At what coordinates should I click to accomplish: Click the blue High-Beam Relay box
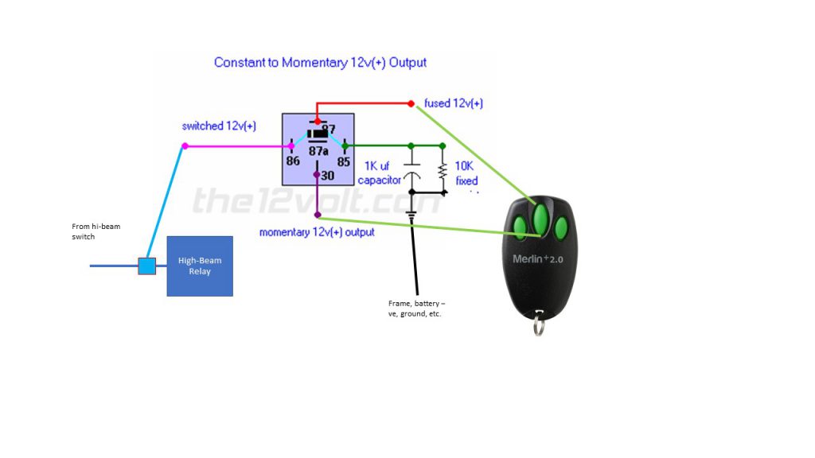(x=200, y=266)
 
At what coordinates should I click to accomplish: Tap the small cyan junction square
(x=146, y=266)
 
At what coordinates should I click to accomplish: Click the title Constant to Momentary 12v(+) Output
(x=320, y=63)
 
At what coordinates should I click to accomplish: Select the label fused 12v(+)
(x=454, y=103)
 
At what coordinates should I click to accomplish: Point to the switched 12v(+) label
(x=219, y=126)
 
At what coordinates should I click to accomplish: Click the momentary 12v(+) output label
(x=317, y=232)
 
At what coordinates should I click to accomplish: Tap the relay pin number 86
(x=293, y=160)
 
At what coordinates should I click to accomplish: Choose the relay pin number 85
(x=343, y=160)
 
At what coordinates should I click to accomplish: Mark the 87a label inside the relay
(x=318, y=150)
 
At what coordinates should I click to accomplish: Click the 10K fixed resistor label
(x=466, y=174)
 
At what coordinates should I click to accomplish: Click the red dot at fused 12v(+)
(x=411, y=103)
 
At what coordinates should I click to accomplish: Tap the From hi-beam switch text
(x=96, y=231)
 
